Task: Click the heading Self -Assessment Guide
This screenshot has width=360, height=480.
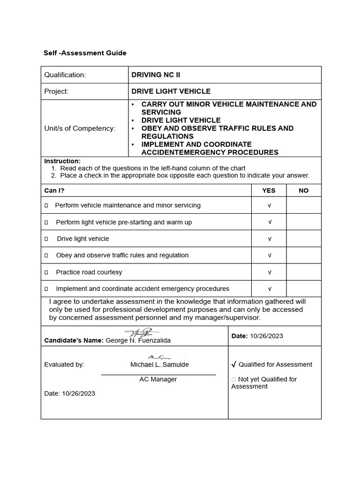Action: coord(85,53)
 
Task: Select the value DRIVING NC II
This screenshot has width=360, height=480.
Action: coord(155,75)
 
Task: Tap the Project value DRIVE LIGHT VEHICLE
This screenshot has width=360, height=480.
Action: coord(171,91)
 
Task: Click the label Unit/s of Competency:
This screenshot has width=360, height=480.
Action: coord(80,128)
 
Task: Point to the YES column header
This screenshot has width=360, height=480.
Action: coord(269,190)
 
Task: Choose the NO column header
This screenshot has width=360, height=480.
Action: coord(304,190)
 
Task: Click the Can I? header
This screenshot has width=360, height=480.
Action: coord(54,190)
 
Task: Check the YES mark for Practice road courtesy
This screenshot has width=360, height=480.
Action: coord(270,272)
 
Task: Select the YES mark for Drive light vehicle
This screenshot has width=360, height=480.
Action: coord(270,239)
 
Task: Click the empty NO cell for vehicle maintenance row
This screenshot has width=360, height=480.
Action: coord(304,205)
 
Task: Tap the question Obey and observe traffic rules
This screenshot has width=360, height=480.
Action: coord(122,255)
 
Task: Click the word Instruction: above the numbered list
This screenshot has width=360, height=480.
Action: coord(62,161)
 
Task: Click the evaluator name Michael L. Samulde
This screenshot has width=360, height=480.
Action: coord(159,365)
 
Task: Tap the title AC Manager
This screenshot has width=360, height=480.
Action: coord(158,379)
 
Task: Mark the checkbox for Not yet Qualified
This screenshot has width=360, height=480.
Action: coord(233,379)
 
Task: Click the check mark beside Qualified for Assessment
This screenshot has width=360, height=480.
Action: coord(233,365)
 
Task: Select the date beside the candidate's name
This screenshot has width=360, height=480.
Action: coord(267,336)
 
